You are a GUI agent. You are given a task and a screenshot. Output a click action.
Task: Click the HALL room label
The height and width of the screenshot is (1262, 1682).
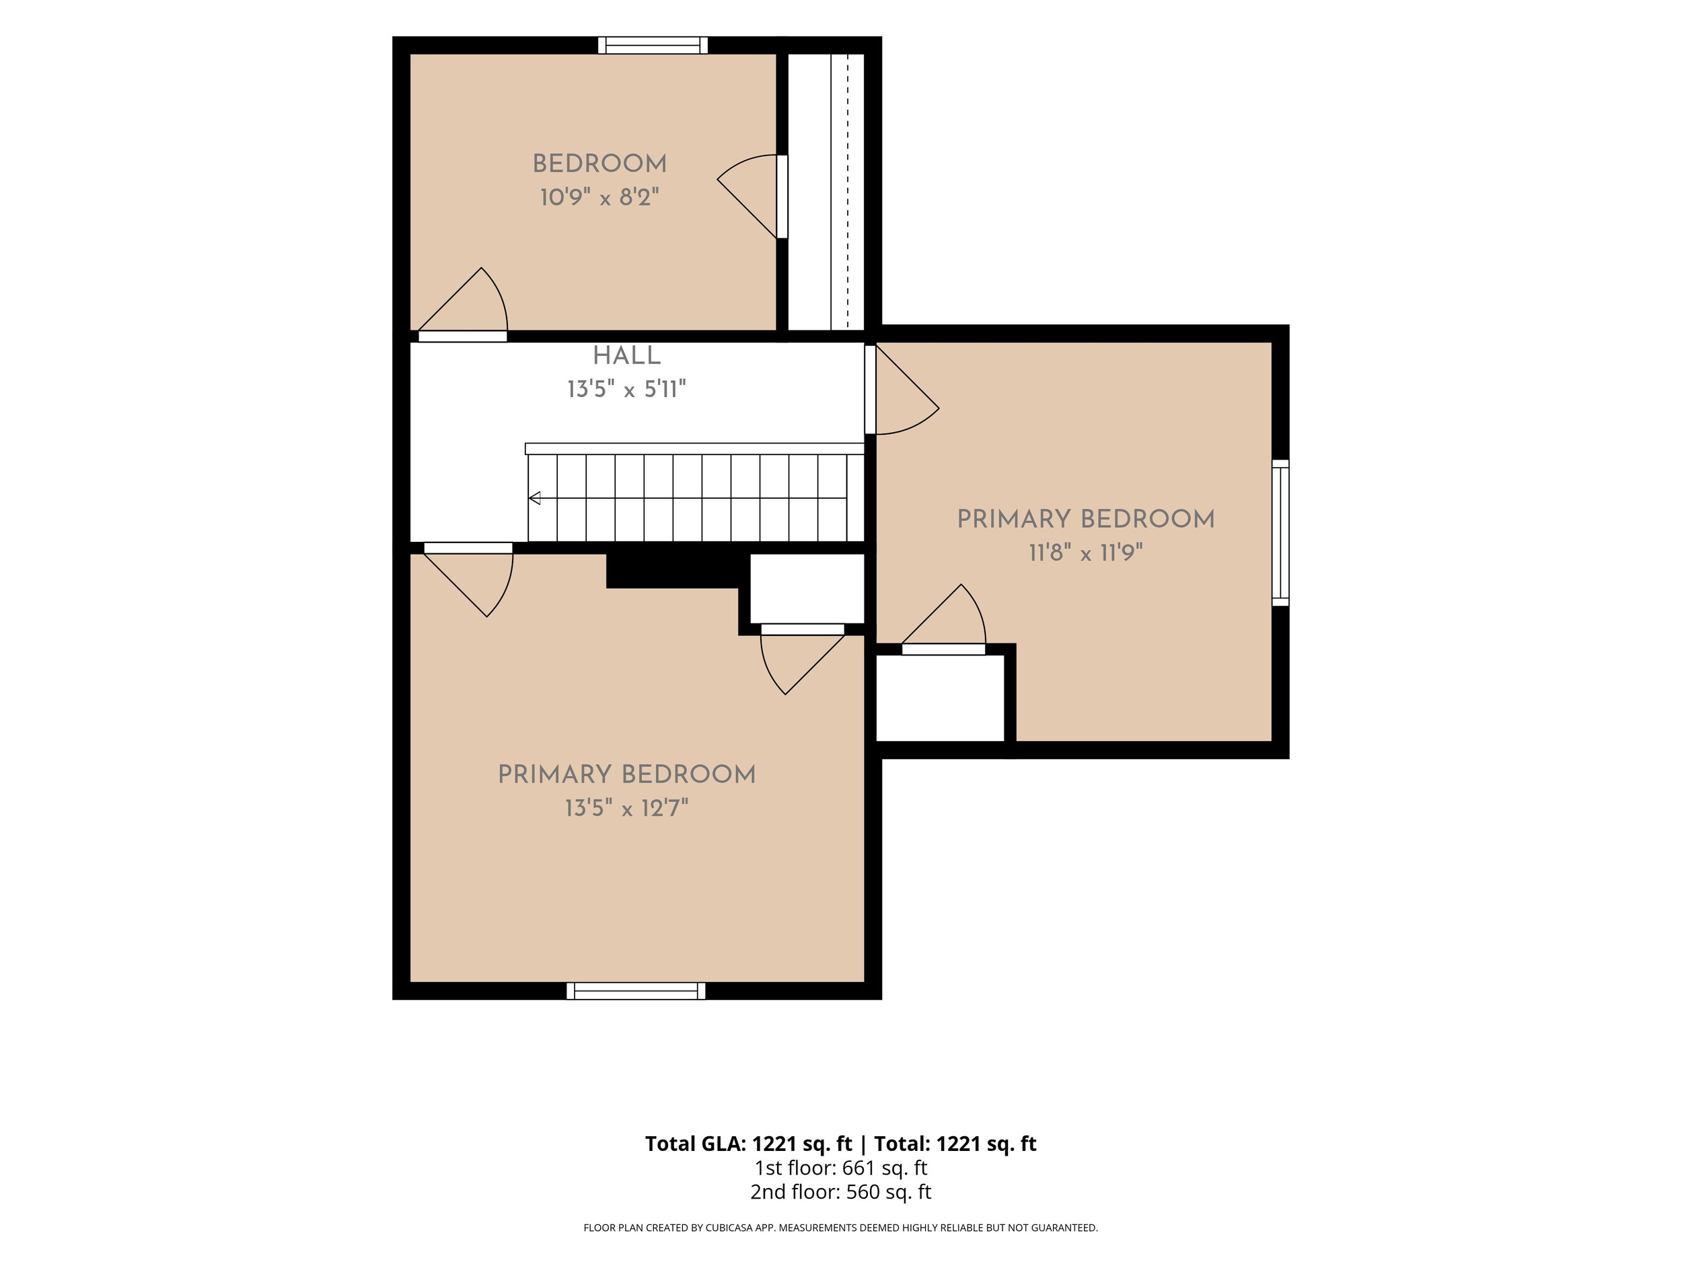[x=626, y=355]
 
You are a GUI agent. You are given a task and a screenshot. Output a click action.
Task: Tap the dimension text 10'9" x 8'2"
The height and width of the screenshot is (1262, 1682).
[x=599, y=197]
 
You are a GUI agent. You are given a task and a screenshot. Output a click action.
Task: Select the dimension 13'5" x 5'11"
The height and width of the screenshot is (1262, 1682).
[x=626, y=390]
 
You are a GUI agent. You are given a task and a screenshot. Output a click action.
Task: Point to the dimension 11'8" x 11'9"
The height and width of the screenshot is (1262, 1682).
[x=1086, y=553]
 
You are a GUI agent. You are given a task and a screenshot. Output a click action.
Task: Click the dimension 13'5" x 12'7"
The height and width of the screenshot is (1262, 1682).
[x=626, y=808]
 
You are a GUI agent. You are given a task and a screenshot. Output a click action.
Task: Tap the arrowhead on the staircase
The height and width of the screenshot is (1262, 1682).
[x=535, y=498]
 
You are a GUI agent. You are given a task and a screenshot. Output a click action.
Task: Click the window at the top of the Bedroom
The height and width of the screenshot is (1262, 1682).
[x=653, y=46]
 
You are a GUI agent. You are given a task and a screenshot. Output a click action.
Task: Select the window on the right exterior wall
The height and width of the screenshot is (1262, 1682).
[x=1280, y=532]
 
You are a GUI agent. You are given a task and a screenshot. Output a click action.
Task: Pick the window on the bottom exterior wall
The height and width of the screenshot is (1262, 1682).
[x=636, y=991]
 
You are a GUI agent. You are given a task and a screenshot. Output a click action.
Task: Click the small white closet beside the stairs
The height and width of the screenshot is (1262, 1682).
[x=807, y=588]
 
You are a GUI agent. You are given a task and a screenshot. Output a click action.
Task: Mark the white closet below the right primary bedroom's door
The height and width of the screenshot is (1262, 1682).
[x=941, y=697]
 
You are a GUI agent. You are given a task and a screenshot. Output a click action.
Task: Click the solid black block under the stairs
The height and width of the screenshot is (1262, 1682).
[x=673, y=571]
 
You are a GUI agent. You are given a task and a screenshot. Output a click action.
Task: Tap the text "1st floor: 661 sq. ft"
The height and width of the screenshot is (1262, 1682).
[x=840, y=1168]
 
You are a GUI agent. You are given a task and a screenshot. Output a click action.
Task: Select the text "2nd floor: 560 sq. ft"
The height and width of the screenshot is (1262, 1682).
[x=840, y=1192]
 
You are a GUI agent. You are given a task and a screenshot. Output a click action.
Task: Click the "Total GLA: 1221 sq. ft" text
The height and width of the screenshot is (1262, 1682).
[x=748, y=1144]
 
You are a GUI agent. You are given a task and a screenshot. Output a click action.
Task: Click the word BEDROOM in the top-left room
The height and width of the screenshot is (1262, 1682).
[x=599, y=164]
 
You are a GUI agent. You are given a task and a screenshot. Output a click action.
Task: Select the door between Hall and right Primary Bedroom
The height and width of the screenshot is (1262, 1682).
[x=902, y=390]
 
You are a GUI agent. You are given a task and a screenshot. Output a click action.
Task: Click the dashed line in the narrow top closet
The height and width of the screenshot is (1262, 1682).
[x=848, y=192]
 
